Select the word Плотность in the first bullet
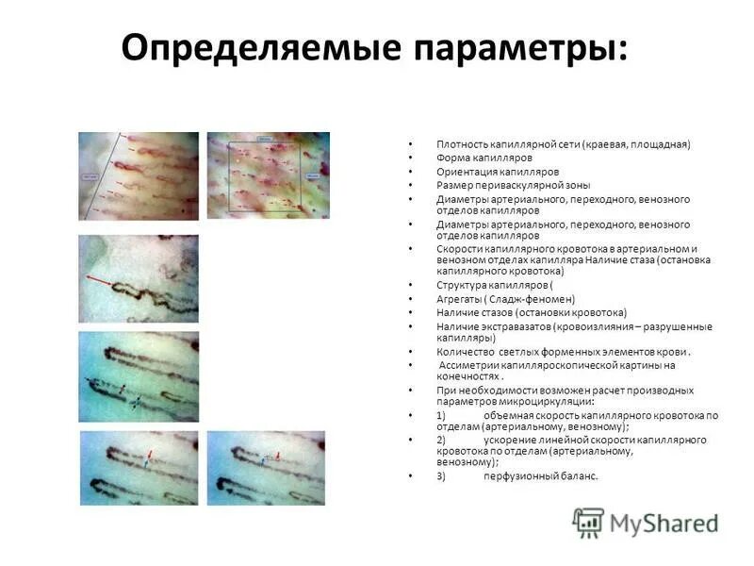(461, 144)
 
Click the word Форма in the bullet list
(452, 158)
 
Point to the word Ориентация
(465, 173)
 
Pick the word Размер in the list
(453, 186)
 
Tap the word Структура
(463, 284)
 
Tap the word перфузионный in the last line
(521, 476)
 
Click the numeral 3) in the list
(441, 476)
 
